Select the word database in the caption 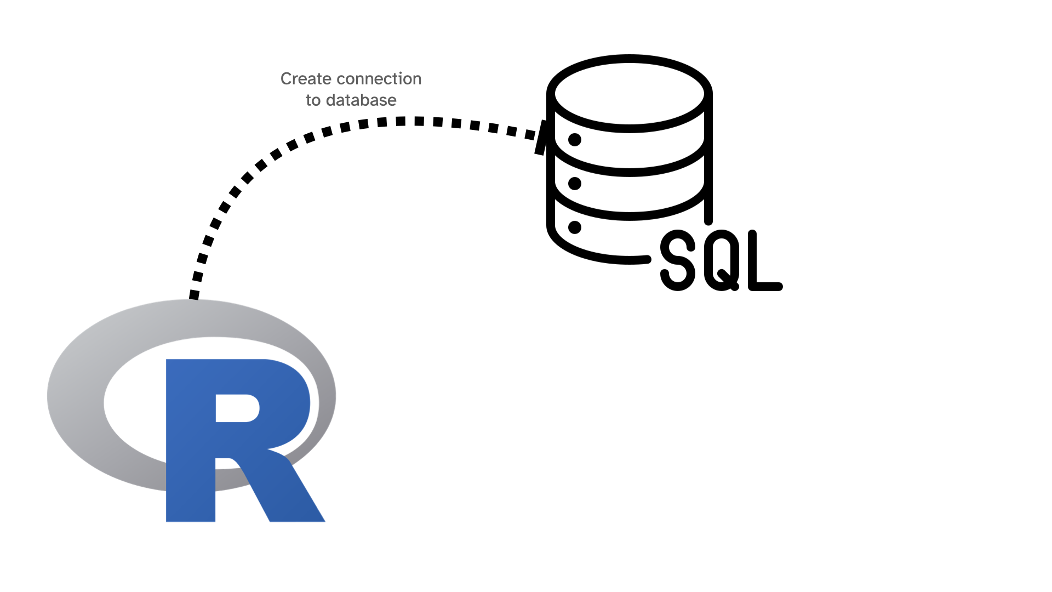[x=361, y=100]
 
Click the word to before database [x=313, y=100]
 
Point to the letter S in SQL [x=678, y=260]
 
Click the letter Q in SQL [x=722, y=260]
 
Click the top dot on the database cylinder [x=575, y=140]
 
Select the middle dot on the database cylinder [x=575, y=183]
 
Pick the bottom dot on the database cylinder [x=575, y=227]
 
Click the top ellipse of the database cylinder [x=630, y=94]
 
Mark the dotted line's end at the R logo [x=194, y=295]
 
